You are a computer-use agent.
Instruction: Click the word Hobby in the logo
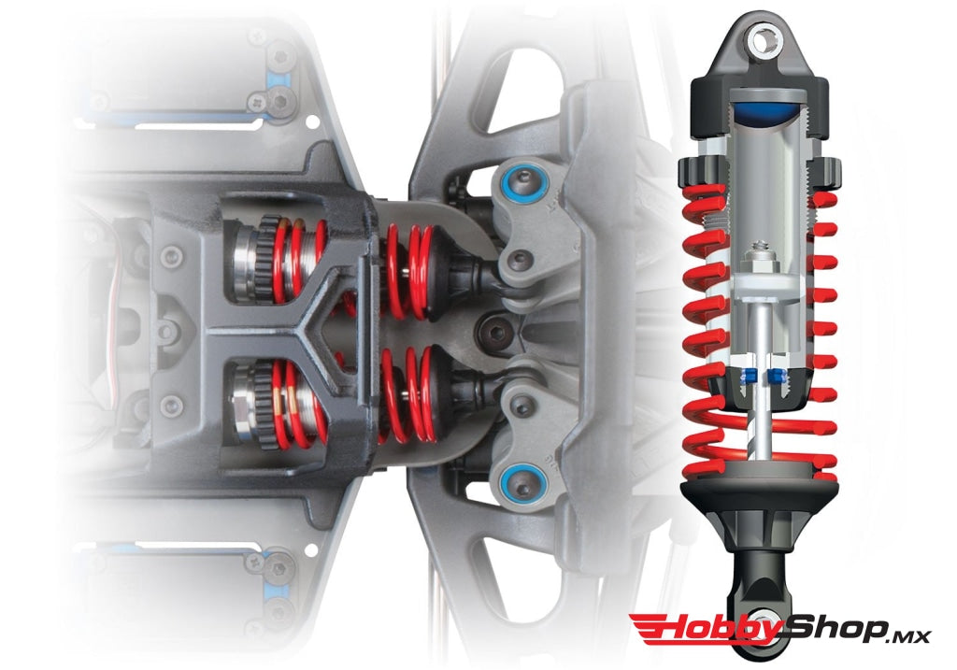[700, 629]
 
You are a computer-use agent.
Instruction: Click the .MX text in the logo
[907, 635]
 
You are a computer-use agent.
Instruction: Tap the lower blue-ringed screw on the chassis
[515, 479]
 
